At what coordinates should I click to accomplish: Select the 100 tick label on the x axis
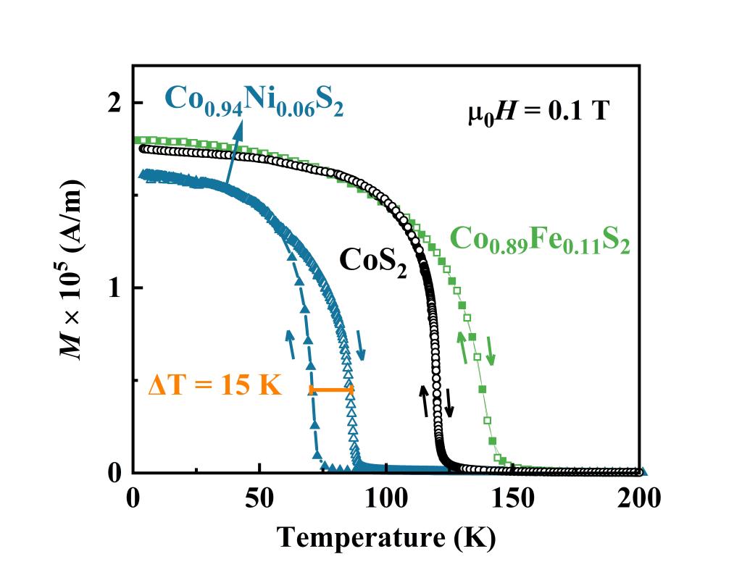pos(385,499)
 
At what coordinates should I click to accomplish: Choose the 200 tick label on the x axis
pos(639,499)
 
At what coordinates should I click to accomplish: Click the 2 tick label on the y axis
pos(114,103)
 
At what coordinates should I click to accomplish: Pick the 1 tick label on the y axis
pos(114,288)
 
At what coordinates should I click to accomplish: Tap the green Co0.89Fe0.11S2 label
pos(540,240)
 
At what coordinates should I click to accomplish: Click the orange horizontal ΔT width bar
pos(331,390)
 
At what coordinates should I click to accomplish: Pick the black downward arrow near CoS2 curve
pos(449,403)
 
